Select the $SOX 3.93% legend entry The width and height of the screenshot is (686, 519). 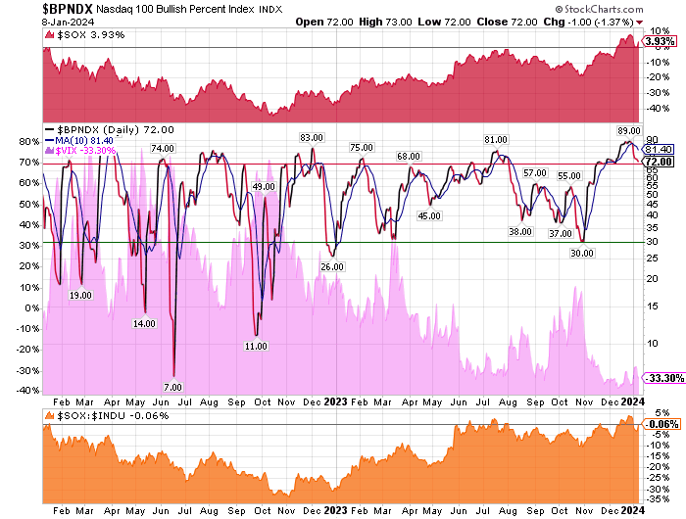(81, 35)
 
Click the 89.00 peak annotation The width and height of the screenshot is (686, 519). (629, 129)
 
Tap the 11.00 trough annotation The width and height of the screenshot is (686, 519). (256, 346)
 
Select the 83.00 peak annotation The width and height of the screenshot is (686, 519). (312, 137)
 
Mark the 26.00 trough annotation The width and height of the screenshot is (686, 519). (332, 266)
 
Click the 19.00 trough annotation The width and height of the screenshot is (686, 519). (80, 295)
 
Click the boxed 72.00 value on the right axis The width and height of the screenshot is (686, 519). (658, 162)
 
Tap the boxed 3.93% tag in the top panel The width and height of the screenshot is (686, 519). (658, 42)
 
